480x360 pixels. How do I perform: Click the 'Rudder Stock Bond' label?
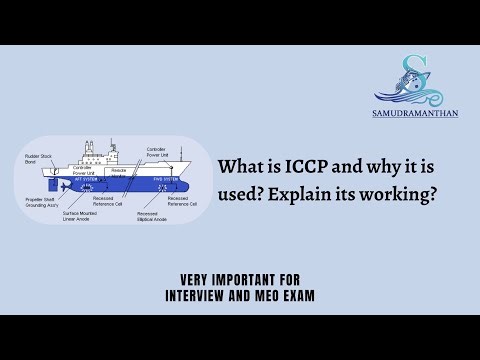[39, 158]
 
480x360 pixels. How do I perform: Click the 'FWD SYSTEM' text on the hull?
[150, 181]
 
